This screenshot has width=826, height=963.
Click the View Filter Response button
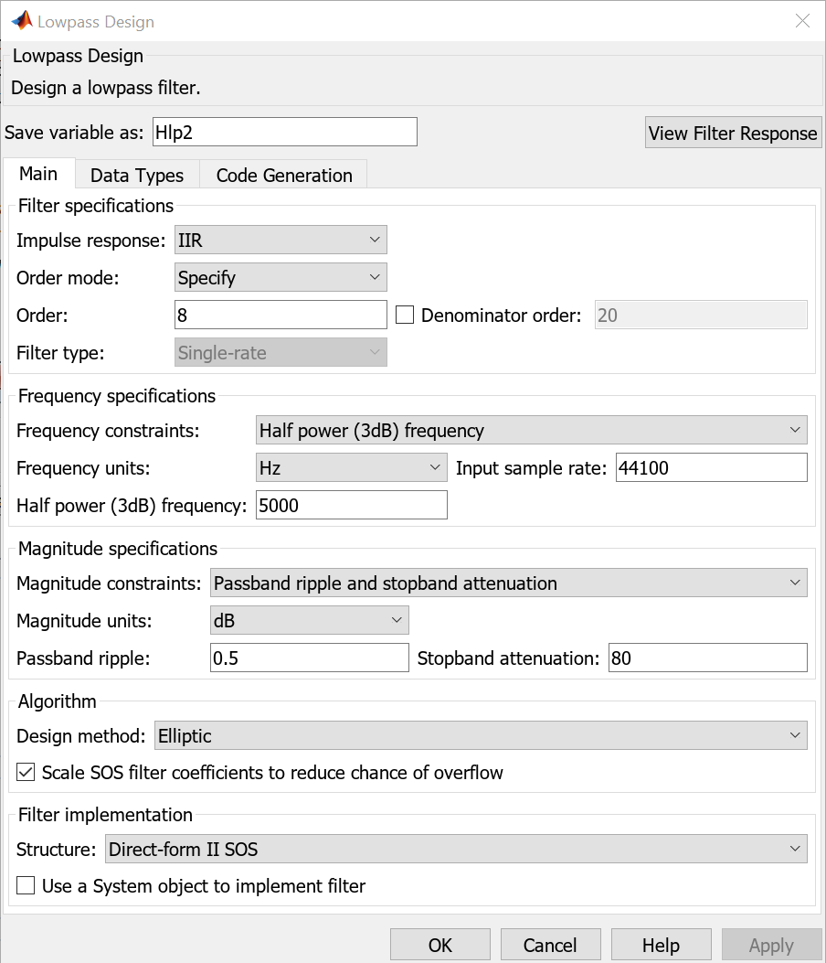(733, 133)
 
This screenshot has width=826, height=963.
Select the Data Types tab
(137, 176)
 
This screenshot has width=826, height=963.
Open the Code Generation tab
(284, 176)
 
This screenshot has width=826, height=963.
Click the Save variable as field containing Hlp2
(284, 132)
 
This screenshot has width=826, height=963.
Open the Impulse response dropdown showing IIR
(281, 240)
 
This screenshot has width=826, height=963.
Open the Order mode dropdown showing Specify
(281, 277)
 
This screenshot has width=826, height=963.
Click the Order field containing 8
(281, 315)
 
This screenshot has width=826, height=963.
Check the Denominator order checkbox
(406, 315)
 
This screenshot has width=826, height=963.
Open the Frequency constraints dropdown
(531, 430)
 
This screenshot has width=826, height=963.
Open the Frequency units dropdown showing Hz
(352, 467)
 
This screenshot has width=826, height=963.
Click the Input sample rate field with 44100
(711, 467)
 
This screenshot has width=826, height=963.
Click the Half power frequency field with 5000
(352, 505)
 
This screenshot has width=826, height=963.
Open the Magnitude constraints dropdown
(508, 583)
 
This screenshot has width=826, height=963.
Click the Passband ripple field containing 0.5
(309, 658)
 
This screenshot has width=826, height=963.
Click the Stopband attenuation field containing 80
(707, 658)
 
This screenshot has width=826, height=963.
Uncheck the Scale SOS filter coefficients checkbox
(26, 773)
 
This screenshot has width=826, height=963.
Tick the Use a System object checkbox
(26, 885)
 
